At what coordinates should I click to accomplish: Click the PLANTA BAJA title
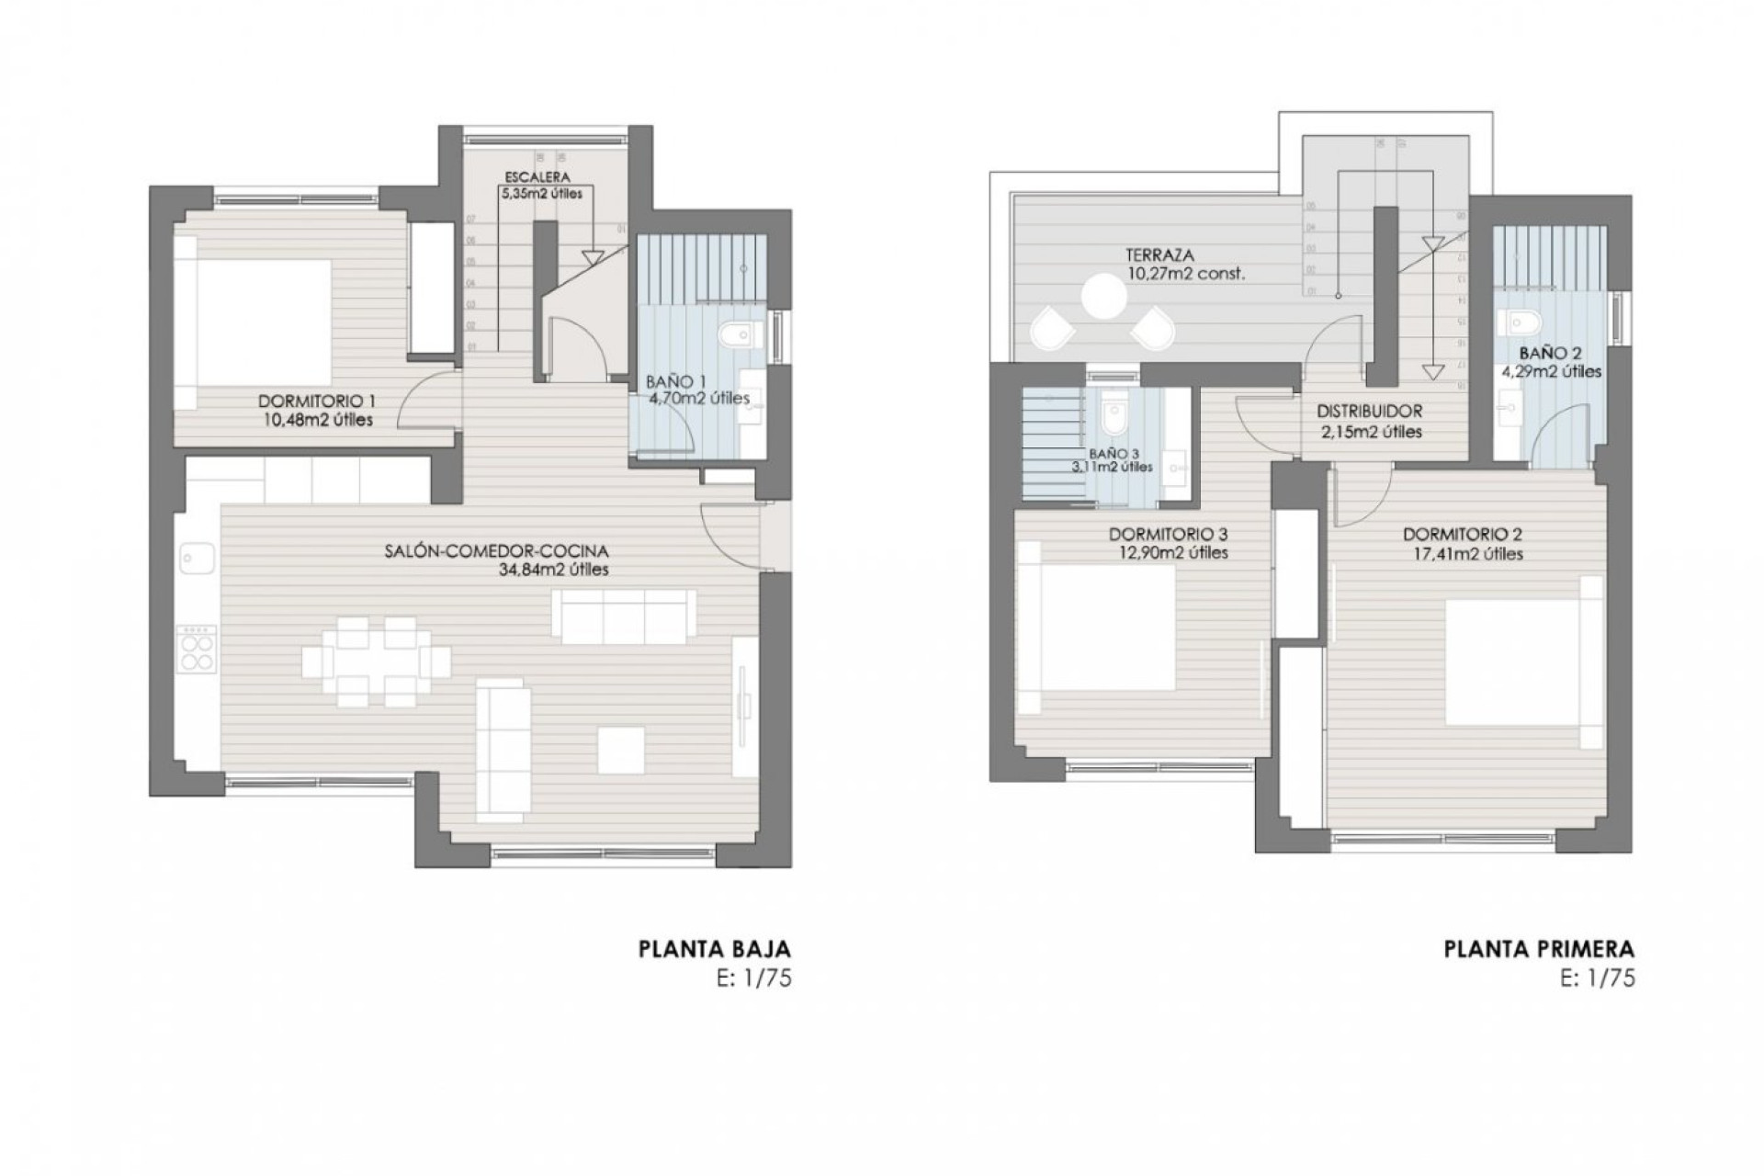714,949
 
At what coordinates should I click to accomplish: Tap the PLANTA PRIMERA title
1539,949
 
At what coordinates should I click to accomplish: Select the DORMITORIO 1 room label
316,401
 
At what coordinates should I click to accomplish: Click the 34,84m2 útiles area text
550,570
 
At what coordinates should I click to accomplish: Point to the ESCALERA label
537,176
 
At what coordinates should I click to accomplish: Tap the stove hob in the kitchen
197,650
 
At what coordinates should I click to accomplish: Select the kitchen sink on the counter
197,557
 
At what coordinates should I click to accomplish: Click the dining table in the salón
376,661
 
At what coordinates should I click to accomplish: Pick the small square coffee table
621,750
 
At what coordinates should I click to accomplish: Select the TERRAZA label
1160,255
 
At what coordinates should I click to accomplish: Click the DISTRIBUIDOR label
1369,412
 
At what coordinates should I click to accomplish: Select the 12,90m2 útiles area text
1168,553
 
